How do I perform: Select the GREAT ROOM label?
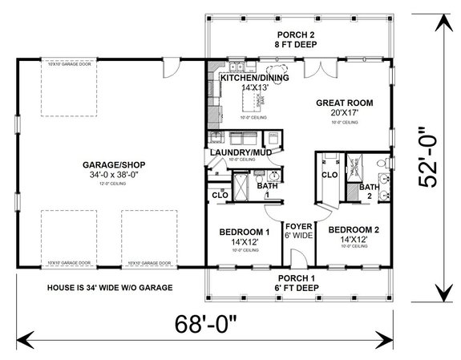pos(345,103)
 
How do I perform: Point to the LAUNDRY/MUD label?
pos(239,152)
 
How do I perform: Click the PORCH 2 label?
pos(301,34)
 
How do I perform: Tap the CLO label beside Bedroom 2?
pos(329,174)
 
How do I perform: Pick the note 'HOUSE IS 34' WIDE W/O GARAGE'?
pos(111,286)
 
